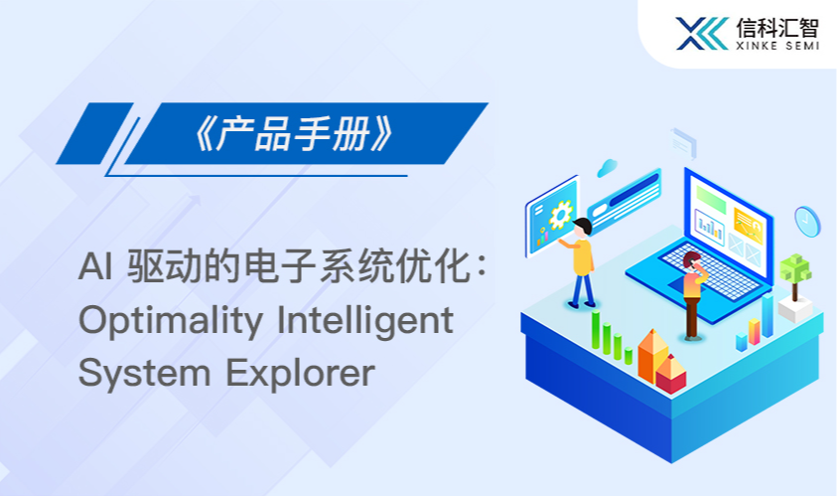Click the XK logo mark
702,33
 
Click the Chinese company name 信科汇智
777,27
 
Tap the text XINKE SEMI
777,46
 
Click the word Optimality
171,320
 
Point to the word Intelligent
365,320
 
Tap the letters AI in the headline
95,266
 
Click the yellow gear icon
561,215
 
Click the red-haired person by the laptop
694,295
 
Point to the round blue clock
806,222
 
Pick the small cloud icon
607,168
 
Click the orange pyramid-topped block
653,355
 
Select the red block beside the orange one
670,373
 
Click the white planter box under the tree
795,309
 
